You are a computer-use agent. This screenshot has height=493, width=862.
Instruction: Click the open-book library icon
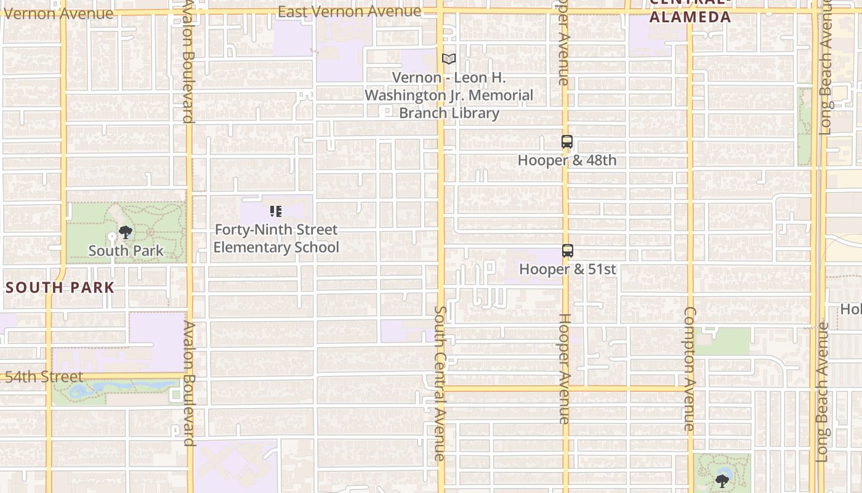tap(449, 59)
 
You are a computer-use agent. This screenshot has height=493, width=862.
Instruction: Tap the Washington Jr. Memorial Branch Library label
tap(449, 96)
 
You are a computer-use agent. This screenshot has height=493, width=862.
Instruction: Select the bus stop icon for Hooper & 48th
tap(567, 142)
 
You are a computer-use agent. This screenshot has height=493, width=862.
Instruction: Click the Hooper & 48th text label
tap(566, 160)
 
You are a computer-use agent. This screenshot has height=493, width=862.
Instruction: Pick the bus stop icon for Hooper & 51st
tap(568, 251)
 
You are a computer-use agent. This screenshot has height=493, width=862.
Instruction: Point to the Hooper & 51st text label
tap(567, 269)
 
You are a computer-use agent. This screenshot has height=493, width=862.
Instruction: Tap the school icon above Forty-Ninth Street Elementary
tap(276, 211)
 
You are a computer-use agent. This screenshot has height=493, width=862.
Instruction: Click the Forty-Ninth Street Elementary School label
tap(276, 238)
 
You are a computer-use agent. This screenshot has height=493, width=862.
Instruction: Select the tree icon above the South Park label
tap(126, 232)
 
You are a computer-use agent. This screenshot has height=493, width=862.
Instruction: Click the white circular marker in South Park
tap(112, 237)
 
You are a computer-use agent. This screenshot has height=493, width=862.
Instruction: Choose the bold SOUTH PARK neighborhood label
tap(60, 287)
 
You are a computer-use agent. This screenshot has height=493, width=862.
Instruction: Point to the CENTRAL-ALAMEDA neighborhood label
tap(690, 14)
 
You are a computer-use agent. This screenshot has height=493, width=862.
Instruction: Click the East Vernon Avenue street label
tap(349, 11)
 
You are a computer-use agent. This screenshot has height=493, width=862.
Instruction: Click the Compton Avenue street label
tap(690, 369)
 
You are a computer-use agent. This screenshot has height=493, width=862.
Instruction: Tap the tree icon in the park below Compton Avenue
tap(722, 480)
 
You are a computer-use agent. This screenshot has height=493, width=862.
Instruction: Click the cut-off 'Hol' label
tap(852, 309)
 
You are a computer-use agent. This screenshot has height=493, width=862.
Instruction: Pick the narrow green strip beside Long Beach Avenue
tap(804, 126)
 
